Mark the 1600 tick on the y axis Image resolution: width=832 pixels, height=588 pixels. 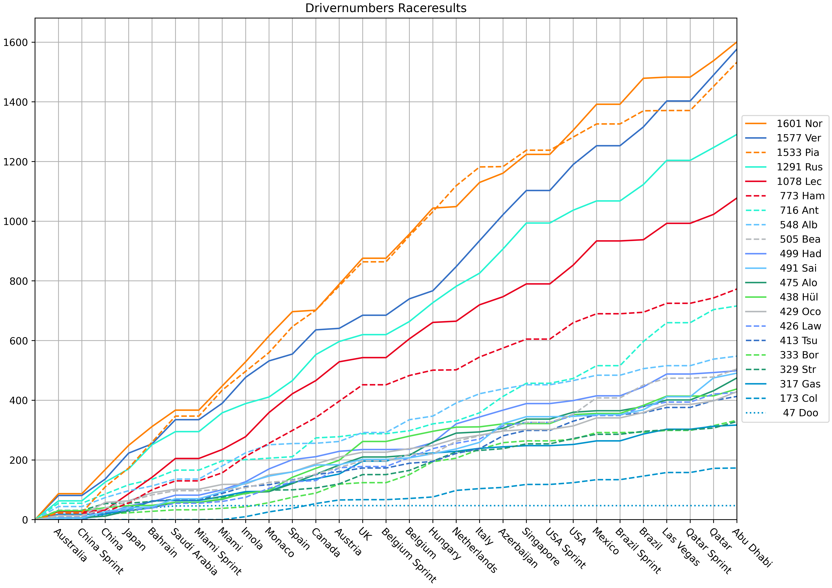(x=15, y=42)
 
